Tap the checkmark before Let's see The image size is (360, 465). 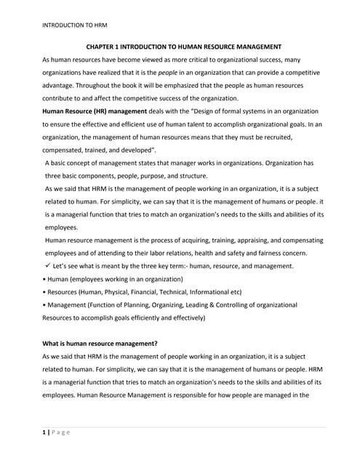48,266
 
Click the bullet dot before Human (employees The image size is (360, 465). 44,279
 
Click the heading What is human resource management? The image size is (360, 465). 100,344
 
